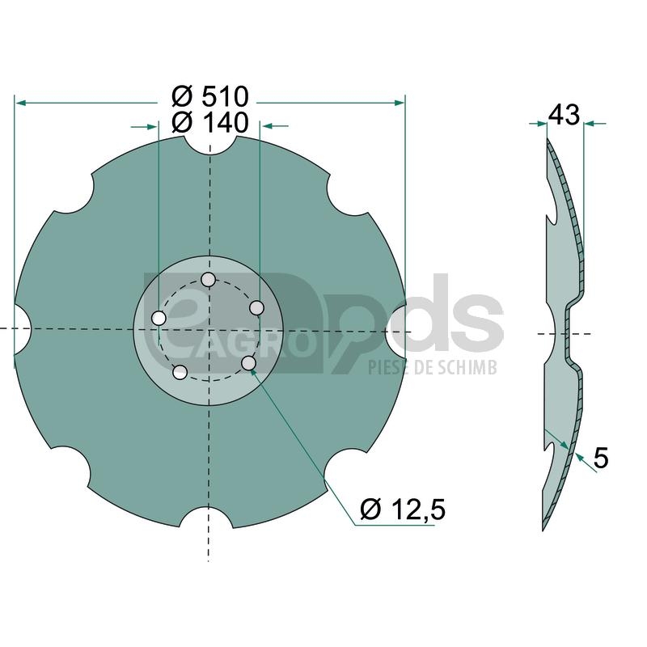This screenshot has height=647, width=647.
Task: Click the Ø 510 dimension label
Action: tap(210, 97)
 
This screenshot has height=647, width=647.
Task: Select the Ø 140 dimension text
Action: tap(210, 123)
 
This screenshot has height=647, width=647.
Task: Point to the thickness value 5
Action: tap(601, 458)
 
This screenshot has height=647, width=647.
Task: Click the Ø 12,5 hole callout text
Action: tap(403, 510)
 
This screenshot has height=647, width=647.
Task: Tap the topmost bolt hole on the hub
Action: tap(208, 280)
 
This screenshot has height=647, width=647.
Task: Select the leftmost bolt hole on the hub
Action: tap(159, 318)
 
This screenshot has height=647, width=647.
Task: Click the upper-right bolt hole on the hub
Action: tap(257, 307)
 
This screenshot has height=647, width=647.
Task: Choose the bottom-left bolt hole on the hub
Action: tap(180, 372)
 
